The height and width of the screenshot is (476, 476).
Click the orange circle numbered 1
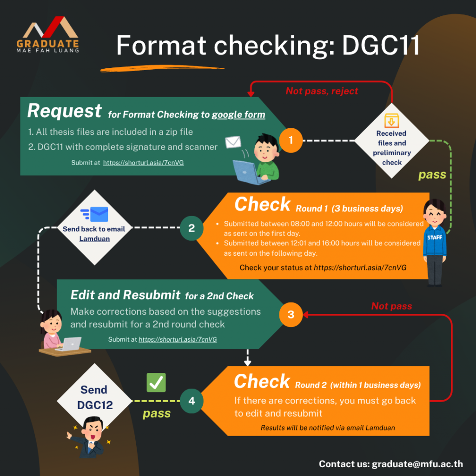pyautogui.click(x=291, y=140)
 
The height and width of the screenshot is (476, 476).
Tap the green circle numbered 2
pyautogui.click(x=192, y=228)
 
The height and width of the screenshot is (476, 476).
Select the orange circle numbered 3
pyautogui.click(x=291, y=315)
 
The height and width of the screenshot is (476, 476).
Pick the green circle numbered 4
pyautogui.click(x=192, y=401)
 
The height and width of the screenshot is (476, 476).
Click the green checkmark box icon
pyautogui.click(x=156, y=383)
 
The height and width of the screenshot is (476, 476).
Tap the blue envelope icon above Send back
pyautogui.click(x=95, y=214)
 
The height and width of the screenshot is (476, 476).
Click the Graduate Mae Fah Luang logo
pyautogui.click(x=48, y=34)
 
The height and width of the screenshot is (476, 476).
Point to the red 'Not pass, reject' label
pyautogui.click(x=322, y=91)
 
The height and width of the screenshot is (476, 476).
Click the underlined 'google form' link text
pyautogui.click(x=238, y=114)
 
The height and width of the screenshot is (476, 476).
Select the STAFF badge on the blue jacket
pyautogui.click(x=435, y=238)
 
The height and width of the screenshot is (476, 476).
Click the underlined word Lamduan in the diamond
pyautogui.click(x=94, y=239)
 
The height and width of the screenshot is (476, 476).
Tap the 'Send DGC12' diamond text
pyautogui.click(x=95, y=397)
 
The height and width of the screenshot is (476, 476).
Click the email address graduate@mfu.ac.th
pyautogui.click(x=417, y=464)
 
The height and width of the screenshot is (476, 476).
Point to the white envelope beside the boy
pyautogui.click(x=233, y=142)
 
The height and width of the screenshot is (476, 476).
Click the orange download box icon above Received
pyautogui.click(x=391, y=120)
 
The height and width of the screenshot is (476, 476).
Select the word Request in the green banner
pyautogui.click(x=64, y=111)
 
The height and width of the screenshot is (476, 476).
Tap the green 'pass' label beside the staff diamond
pyautogui.click(x=432, y=175)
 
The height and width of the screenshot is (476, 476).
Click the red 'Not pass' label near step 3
pyautogui.click(x=391, y=306)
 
